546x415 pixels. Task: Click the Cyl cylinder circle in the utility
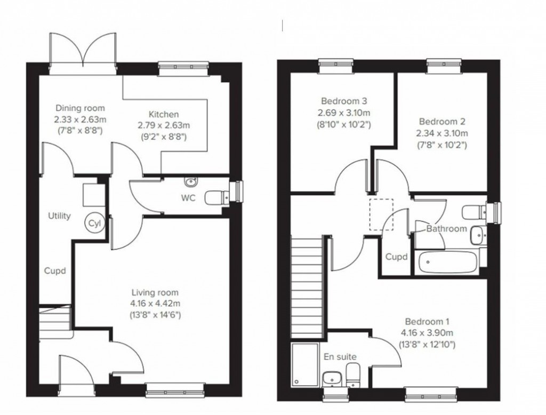coord(95,223)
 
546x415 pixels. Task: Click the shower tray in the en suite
coord(302,365)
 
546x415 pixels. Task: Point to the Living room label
coord(155,293)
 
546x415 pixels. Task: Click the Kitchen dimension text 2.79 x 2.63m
coord(164,126)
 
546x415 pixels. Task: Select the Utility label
coord(59,216)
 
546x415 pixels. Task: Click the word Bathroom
coord(446,229)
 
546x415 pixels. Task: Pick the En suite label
coord(340,357)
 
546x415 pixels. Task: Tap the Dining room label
coord(81,108)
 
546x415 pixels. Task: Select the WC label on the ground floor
coord(188,198)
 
